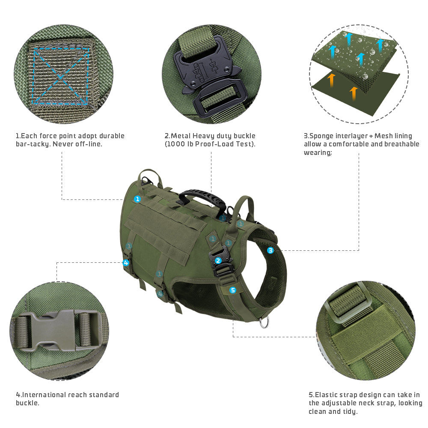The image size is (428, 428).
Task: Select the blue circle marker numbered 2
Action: pos(218,260)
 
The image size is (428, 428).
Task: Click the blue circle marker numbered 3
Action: pos(270,250)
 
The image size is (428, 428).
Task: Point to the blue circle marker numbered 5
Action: pos(233,290)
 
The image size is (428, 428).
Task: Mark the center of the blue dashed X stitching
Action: pos(60,75)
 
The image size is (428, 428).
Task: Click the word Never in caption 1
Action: pos(62,144)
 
